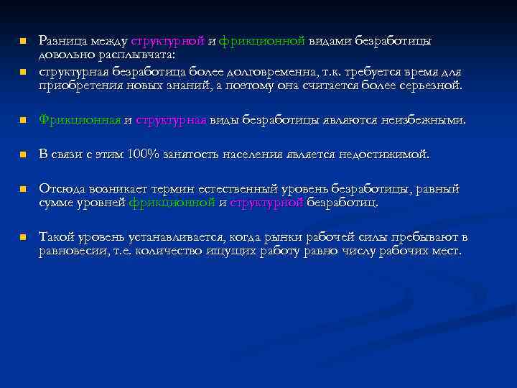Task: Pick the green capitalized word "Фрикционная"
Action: [80, 120]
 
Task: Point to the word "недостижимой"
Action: [388, 154]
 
